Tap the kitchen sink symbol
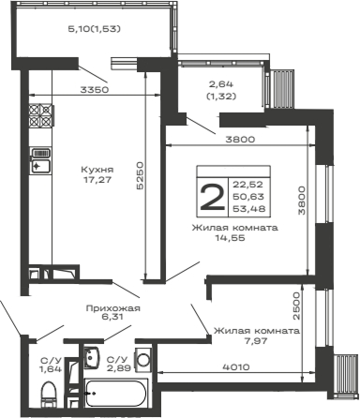tap(39, 160)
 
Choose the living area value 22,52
tap(247, 183)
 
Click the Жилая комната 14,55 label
tap(234, 233)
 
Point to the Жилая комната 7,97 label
tap(255, 336)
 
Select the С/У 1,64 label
tap(46, 365)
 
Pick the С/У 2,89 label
tap(116, 365)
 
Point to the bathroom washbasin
tap(91, 356)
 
